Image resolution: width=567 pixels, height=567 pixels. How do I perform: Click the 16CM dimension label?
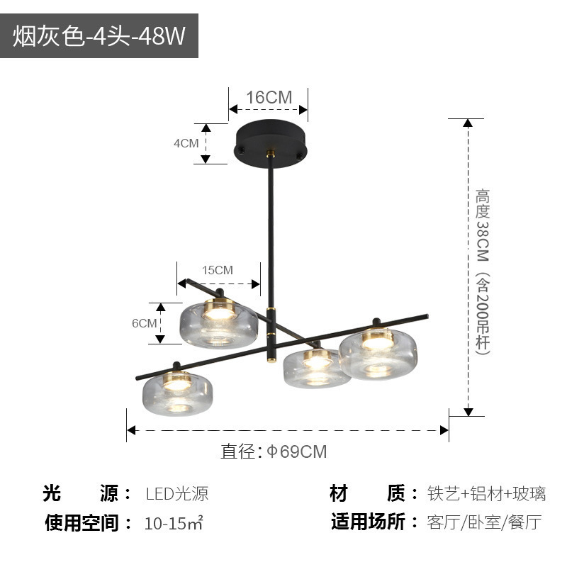coord(269,97)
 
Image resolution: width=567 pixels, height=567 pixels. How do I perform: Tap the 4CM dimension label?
coord(186,143)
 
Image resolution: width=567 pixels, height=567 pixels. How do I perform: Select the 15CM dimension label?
coord(217,270)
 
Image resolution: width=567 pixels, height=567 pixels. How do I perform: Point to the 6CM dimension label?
coord(144,323)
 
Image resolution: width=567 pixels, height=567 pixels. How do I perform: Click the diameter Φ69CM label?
coord(274,451)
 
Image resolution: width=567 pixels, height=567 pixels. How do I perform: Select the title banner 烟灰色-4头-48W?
coord(99,35)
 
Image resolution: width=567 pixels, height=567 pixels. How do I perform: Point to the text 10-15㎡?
coord(174,524)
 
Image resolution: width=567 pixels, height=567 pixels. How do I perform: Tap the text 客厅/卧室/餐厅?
coord(485,523)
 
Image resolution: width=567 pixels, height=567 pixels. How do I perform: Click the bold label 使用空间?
coord(79,524)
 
